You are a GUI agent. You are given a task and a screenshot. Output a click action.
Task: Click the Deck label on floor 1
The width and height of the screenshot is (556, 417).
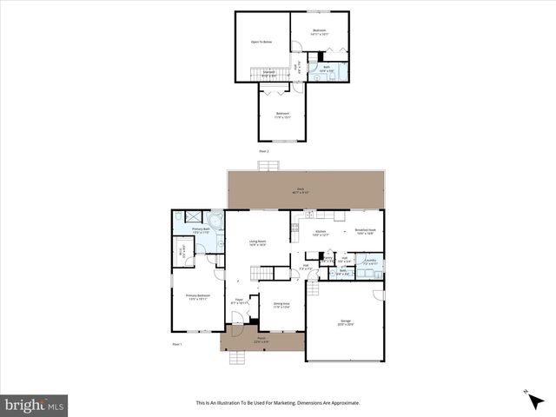(x=301, y=189)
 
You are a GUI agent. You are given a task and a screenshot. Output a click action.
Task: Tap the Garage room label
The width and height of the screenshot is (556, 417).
(x=345, y=322)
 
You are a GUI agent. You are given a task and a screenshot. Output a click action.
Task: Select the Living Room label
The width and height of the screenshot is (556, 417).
(x=257, y=243)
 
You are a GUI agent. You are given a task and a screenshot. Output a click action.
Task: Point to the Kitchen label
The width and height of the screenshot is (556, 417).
(x=321, y=231)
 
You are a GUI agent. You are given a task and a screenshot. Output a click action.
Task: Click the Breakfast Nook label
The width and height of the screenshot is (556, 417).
(x=364, y=231)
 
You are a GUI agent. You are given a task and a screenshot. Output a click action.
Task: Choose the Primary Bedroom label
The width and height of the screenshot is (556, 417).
(x=198, y=296)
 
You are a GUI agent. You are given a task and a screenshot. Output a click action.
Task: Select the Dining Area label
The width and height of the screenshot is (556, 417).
(x=281, y=305)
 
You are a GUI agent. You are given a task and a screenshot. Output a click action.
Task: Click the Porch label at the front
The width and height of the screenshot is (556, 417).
(x=261, y=341)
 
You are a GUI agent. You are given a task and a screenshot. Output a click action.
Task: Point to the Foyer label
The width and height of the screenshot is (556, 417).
(x=238, y=301)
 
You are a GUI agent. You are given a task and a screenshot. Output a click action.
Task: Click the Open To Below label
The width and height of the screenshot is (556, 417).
(x=261, y=42)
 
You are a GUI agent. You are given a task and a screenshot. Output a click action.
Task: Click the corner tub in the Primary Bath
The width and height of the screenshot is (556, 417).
(x=214, y=220)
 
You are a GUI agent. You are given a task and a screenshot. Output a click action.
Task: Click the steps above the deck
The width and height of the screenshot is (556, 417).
(x=264, y=164)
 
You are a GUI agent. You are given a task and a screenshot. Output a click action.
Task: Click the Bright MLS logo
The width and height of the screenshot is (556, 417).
(x=35, y=405)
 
